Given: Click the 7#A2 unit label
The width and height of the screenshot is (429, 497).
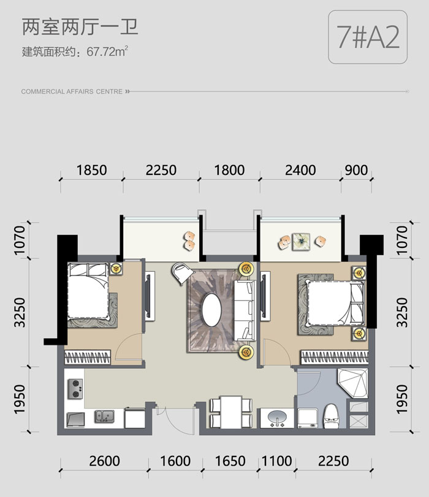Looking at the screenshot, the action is click(x=368, y=37).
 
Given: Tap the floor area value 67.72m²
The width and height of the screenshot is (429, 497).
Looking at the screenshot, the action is click(x=107, y=52).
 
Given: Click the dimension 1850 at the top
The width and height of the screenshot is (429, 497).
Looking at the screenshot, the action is click(x=91, y=170).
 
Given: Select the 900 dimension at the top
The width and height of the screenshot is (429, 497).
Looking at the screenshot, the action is click(x=356, y=170).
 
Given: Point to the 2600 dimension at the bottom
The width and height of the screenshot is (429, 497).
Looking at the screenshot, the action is click(x=104, y=461).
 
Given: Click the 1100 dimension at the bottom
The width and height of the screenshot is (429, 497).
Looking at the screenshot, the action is click(x=277, y=461).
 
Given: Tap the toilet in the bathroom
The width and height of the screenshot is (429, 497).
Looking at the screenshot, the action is click(x=331, y=416).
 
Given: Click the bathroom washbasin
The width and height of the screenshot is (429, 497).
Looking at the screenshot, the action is click(x=278, y=418).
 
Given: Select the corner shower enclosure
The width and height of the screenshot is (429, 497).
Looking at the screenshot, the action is click(x=353, y=383).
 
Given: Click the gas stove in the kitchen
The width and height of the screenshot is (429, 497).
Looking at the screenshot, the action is click(x=75, y=389).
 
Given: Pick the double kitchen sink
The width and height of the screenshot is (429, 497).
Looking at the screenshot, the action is click(x=104, y=416).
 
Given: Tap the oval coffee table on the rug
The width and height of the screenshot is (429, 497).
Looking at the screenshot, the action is click(x=211, y=310).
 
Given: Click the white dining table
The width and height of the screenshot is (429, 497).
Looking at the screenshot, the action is click(x=232, y=412).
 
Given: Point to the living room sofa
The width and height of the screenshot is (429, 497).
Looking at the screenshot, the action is click(x=245, y=310).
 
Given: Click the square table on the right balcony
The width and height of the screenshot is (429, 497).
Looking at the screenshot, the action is click(x=301, y=242).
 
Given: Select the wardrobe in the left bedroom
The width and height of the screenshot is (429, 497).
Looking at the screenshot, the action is click(x=88, y=358).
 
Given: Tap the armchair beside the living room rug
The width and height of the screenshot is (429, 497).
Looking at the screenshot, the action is click(x=182, y=273).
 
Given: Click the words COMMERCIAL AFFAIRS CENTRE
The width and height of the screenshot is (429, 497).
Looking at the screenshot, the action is click(x=72, y=91).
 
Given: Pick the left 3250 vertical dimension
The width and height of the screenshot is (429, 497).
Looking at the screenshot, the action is click(x=20, y=312).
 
